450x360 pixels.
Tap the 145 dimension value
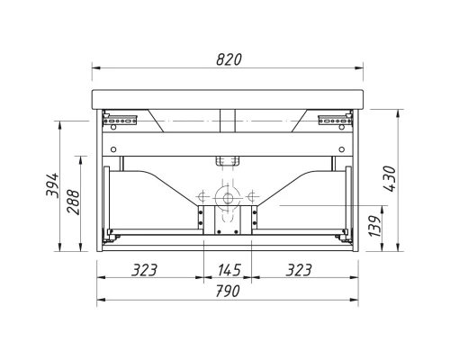tap(229, 268)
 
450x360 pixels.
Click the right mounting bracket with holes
tap(331, 116)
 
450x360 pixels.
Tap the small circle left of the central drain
tap(203, 195)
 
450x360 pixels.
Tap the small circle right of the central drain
tap(253, 195)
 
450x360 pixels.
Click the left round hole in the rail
tap(114, 149)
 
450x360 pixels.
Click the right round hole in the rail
tap(342, 149)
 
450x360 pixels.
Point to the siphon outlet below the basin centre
tap(228, 161)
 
